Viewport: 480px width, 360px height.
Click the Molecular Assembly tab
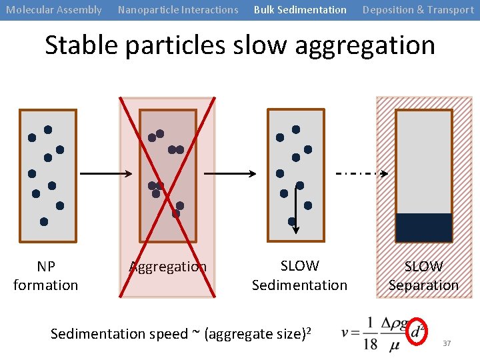pos(54,10)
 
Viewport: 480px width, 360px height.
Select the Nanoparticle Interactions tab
pos(177,10)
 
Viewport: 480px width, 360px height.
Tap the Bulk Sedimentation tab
pos(300,10)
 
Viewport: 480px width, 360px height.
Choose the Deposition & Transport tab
pos(418,10)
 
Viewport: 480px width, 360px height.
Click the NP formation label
pos(46,276)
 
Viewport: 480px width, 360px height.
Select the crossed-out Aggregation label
pos(168,267)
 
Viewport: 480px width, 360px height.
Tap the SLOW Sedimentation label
pos(299,275)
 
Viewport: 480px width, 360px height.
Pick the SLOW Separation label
pos(423,276)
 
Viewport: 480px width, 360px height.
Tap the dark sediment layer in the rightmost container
pos(423,227)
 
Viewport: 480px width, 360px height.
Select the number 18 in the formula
pos(371,345)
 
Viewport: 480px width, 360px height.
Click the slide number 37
pos(447,343)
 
